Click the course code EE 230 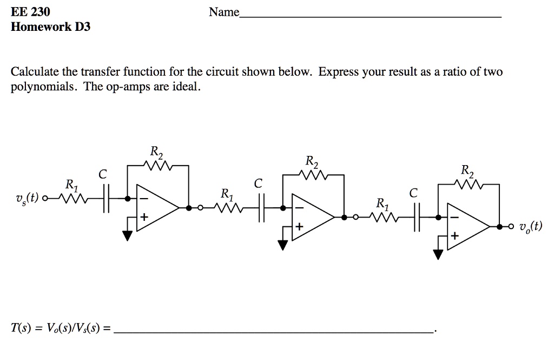[30, 11]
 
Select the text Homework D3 [50, 27]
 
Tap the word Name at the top [224, 12]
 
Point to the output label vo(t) [530, 227]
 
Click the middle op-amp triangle [311, 217]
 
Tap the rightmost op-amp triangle [466, 227]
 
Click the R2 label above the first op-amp [156, 153]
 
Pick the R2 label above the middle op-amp [312, 162]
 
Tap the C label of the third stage [413, 193]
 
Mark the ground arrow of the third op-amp [438, 254]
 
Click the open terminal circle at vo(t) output [509, 227]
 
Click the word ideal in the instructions [187, 88]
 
